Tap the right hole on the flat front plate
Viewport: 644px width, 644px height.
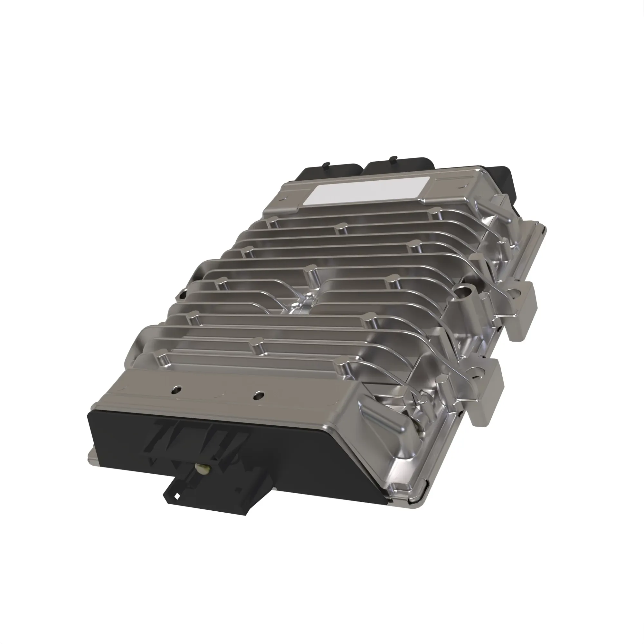258,396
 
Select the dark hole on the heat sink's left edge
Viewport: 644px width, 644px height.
182,295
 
